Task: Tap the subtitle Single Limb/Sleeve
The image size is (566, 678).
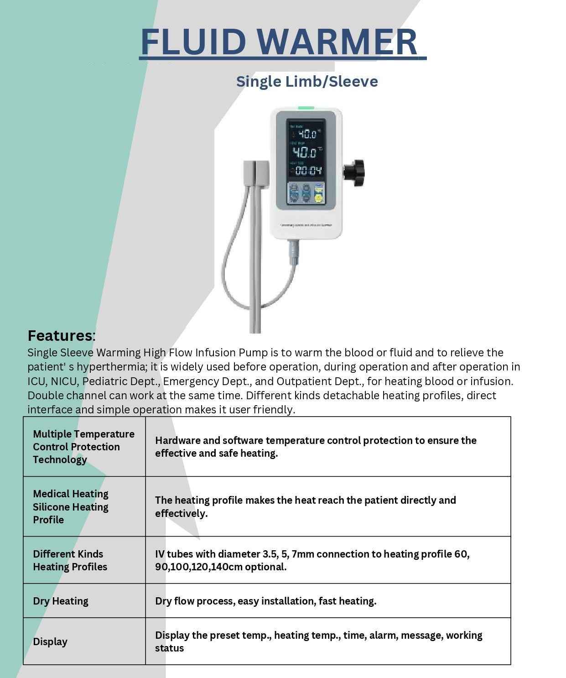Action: [x=306, y=82]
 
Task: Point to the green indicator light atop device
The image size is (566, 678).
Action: [x=306, y=109]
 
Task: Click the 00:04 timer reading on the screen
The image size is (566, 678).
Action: [x=308, y=171]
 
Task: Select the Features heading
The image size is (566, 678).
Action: [x=60, y=336]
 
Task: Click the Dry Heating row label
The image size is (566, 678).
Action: [x=61, y=601]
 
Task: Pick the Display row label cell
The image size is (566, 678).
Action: [x=50, y=641]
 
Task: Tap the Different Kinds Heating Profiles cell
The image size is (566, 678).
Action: [x=70, y=560]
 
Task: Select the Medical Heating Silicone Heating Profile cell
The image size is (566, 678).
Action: [x=71, y=506]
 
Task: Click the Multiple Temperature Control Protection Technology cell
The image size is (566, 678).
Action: [x=83, y=447]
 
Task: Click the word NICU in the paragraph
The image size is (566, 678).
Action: [x=64, y=381]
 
